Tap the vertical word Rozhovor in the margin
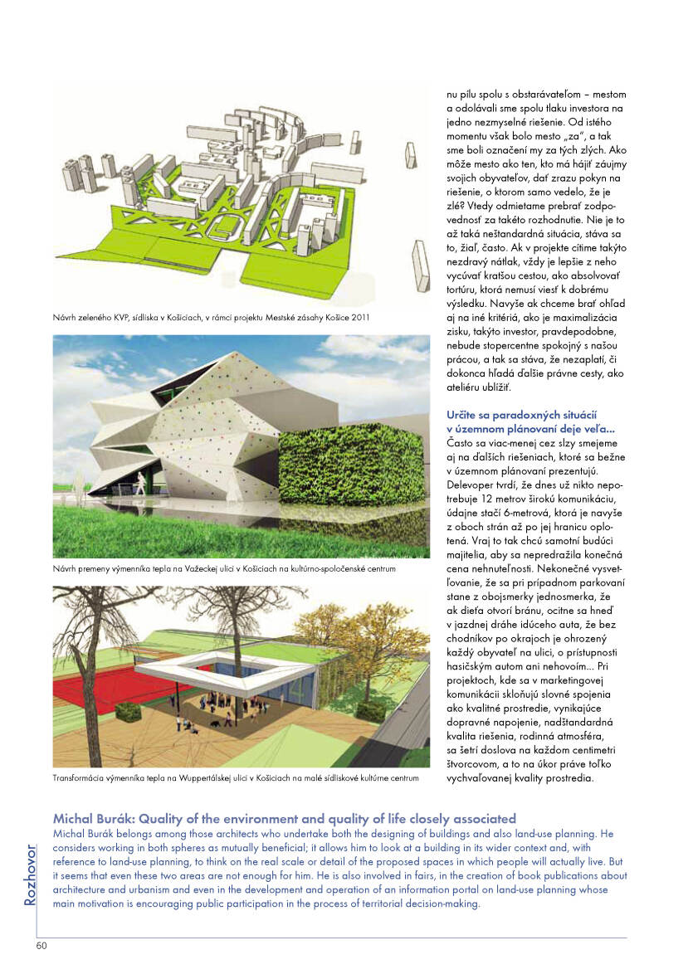coord(30,874)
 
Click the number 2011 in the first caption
coord(359,317)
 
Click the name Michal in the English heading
coord(73,819)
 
